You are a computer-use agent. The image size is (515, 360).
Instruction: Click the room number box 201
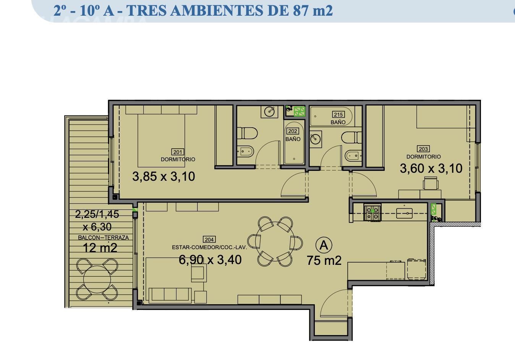(x=178, y=152)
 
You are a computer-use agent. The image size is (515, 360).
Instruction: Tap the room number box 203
(x=423, y=149)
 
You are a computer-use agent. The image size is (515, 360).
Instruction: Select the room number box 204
(x=209, y=239)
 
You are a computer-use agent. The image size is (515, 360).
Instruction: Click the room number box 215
(x=338, y=114)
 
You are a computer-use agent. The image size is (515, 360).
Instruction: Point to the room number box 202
(x=292, y=131)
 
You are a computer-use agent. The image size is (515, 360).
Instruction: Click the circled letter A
(x=324, y=245)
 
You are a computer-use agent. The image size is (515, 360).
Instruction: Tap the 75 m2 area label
(x=324, y=260)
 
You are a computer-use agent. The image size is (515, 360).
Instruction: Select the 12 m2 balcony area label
(x=100, y=248)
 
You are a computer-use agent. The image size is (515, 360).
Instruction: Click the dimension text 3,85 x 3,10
(x=164, y=177)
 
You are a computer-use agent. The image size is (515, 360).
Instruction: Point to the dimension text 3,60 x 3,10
(x=431, y=168)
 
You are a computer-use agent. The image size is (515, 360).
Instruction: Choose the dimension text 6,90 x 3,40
(x=210, y=260)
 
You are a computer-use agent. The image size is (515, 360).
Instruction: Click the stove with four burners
(x=372, y=213)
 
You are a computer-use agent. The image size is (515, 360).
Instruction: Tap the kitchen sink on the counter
(x=405, y=213)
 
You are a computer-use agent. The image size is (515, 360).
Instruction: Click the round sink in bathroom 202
(x=269, y=112)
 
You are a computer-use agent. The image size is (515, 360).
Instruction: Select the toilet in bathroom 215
(x=351, y=137)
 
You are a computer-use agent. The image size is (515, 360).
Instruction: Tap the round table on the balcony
(x=97, y=279)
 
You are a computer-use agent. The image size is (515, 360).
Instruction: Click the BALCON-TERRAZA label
(x=103, y=237)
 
